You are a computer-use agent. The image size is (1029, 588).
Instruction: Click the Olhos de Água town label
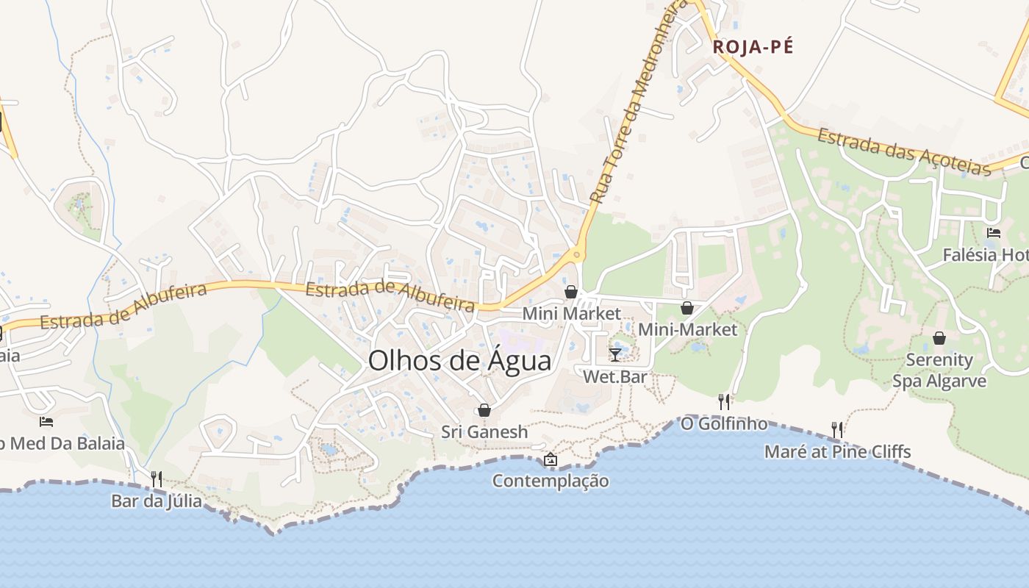[x=459, y=361]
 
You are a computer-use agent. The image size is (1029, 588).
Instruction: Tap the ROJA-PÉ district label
[x=753, y=47]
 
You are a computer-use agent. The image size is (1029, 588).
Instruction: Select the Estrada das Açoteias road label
[x=904, y=152]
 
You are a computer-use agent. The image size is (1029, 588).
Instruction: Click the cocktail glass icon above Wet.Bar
[x=615, y=355]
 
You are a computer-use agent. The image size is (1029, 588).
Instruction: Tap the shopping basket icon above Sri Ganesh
[x=484, y=410]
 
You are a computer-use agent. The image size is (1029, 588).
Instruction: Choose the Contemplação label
[x=551, y=481]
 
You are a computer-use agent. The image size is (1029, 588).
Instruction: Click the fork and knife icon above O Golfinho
[x=724, y=401]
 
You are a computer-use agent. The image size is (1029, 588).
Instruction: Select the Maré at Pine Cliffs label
[x=837, y=451]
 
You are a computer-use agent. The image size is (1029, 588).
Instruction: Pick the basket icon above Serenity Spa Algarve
[x=939, y=338]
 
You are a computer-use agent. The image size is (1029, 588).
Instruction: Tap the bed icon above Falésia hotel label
[x=994, y=233]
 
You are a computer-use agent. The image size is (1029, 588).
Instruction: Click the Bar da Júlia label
[x=157, y=501]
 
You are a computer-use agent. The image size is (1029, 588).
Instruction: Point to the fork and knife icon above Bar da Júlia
[x=156, y=479]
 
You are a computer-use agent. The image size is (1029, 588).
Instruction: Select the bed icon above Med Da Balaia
[x=46, y=422]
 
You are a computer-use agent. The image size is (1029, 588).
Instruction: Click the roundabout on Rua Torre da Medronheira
[x=578, y=256]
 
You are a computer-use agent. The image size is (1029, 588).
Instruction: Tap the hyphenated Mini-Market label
[x=687, y=329]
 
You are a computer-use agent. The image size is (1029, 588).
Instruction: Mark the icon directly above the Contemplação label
[x=550, y=460]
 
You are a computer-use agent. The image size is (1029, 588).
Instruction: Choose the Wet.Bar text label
[x=614, y=376]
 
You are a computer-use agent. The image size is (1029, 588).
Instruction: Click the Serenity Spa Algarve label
[x=939, y=370]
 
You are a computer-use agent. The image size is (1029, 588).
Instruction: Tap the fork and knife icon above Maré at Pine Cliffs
[x=836, y=429]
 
